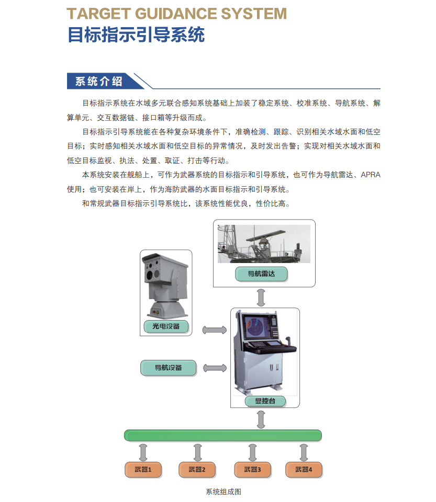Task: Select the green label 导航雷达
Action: point(261,274)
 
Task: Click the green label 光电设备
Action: point(166,326)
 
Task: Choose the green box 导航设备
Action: point(168,368)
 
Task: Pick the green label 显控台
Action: point(265,401)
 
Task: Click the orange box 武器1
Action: point(143,470)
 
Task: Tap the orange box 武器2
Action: point(197,470)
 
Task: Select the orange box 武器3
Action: point(252,470)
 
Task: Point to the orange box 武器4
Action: point(304,470)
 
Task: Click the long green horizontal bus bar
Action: point(223,436)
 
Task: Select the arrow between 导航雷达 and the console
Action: point(261,298)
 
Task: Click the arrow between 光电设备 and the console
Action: point(215,330)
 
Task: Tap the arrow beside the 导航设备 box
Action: point(215,368)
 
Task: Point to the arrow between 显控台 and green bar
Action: point(261,419)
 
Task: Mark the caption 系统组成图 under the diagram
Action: point(223,492)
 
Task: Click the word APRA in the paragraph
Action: point(371,175)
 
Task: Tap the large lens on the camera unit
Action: point(150,275)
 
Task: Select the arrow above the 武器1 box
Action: point(143,452)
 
